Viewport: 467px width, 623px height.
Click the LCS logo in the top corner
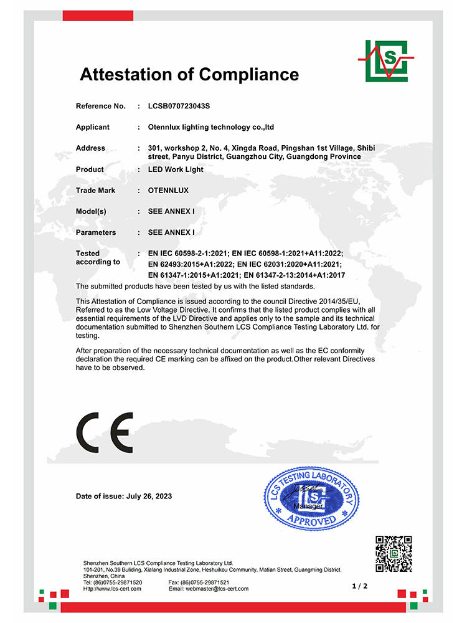coord(386,60)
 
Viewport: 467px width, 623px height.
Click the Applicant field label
coord(92,127)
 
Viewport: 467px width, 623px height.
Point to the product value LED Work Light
coord(176,169)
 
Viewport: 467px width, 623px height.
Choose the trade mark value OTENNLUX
coord(168,191)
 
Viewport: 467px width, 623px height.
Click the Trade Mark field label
coord(95,191)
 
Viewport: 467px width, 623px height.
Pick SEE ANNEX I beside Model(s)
coord(171,212)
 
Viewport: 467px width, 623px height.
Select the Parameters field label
coord(96,232)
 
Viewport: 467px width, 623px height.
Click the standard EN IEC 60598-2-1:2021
coord(187,254)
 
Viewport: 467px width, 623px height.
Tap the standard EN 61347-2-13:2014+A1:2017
coord(293,275)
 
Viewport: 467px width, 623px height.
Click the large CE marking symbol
coord(105,432)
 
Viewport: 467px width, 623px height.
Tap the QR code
coord(394,553)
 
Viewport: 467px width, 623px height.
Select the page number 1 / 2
coord(360,586)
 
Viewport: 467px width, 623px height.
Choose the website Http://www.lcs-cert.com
coord(113,589)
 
